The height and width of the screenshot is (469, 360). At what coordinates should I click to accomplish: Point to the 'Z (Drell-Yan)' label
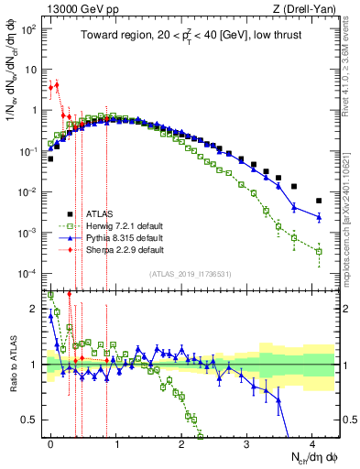click(x=308, y=8)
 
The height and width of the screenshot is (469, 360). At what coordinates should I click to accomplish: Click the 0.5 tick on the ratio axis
click(x=32, y=420)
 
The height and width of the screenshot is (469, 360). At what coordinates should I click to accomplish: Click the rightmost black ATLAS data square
click(x=319, y=201)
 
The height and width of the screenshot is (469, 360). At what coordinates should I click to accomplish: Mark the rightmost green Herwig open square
click(x=319, y=251)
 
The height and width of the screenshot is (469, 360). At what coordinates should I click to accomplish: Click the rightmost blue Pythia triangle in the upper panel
click(x=319, y=217)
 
